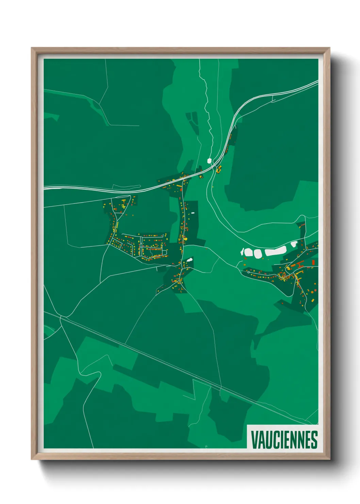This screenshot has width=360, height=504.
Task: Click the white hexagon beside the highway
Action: coord(210,160)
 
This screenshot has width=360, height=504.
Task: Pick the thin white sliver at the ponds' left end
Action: coord(243,252)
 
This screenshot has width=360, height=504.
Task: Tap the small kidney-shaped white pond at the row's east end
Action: coord(294,244)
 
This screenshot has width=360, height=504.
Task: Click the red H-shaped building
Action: coord(300,264)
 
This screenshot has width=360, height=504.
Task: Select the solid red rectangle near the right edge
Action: coord(313,262)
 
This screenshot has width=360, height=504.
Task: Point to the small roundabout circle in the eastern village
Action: coord(249,272)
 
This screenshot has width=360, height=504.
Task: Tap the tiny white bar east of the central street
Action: coord(193,213)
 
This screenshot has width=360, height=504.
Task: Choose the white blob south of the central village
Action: coord(189,260)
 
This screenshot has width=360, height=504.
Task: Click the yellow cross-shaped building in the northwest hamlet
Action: coord(123,203)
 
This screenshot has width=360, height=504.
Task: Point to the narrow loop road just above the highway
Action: coord(126,186)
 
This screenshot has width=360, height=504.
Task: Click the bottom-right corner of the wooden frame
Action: coord(329,459)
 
